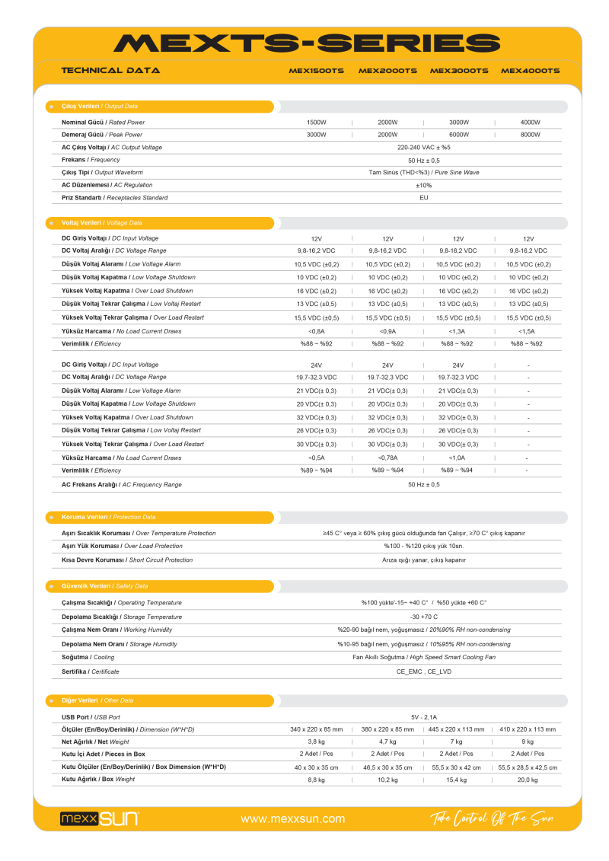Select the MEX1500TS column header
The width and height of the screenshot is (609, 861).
pyautogui.click(x=316, y=71)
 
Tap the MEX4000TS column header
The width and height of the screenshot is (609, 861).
pyautogui.click(x=530, y=71)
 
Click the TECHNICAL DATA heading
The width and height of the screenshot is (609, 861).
pyautogui.click(x=110, y=71)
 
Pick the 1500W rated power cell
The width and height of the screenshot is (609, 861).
pyautogui.click(x=316, y=122)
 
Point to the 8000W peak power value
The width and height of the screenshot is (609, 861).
pyautogui.click(x=530, y=135)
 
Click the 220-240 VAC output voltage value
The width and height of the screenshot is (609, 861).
pyautogui.click(x=423, y=147)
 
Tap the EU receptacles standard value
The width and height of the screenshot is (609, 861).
pyautogui.click(x=423, y=198)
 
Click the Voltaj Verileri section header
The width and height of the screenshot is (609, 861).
pyautogui.click(x=101, y=223)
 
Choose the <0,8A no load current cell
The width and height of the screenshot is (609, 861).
pyautogui.click(x=316, y=331)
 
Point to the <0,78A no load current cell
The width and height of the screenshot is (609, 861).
pyautogui.click(x=387, y=458)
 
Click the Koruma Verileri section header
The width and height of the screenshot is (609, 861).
pyautogui.click(x=108, y=517)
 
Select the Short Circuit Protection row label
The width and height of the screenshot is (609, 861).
pyautogui.click(x=127, y=560)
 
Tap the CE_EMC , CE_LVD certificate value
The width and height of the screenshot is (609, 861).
pyautogui.click(x=423, y=671)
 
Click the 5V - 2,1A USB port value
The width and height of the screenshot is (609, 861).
pyautogui.click(x=423, y=717)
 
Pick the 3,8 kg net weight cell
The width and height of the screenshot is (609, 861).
pyautogui.click(x=316, y=741)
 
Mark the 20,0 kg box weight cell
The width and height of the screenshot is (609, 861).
pyautogui.click(x=528, y=780)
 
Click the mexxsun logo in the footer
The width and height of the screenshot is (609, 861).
pyautogui.click(x=99, y=818)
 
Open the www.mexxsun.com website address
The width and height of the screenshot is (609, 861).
pyautogui.click(x=292, y=819)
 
